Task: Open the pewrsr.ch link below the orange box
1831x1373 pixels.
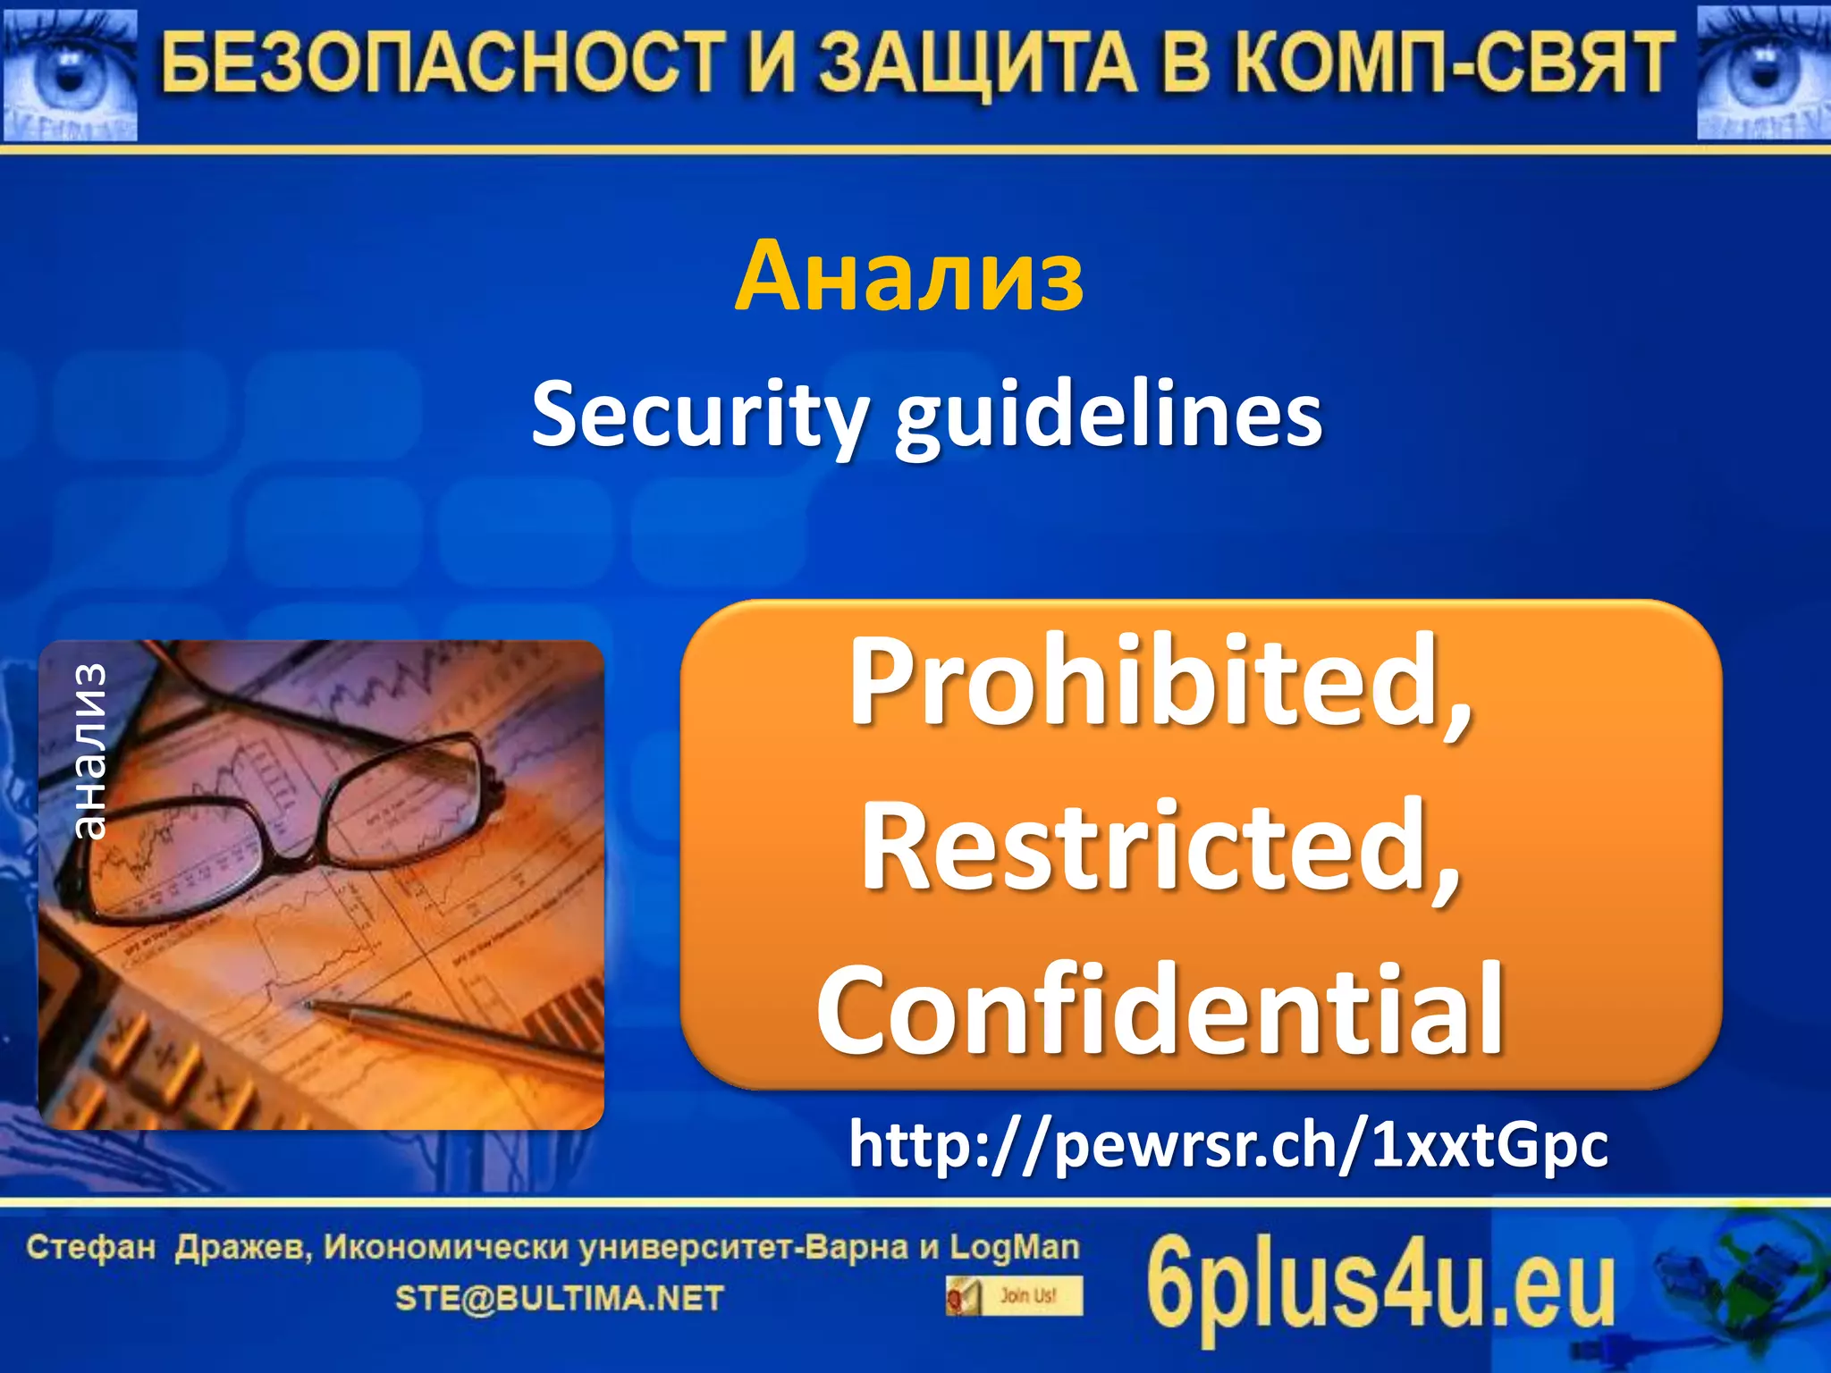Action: pos(1228,1145)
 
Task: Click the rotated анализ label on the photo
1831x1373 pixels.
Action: pos(89,752)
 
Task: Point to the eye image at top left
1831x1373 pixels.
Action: pos(70,75)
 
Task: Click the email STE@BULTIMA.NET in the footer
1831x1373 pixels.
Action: pos(559,1299)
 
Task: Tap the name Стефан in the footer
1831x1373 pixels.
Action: pos(91,1247)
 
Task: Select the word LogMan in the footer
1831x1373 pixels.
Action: pos(1014,1247)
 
